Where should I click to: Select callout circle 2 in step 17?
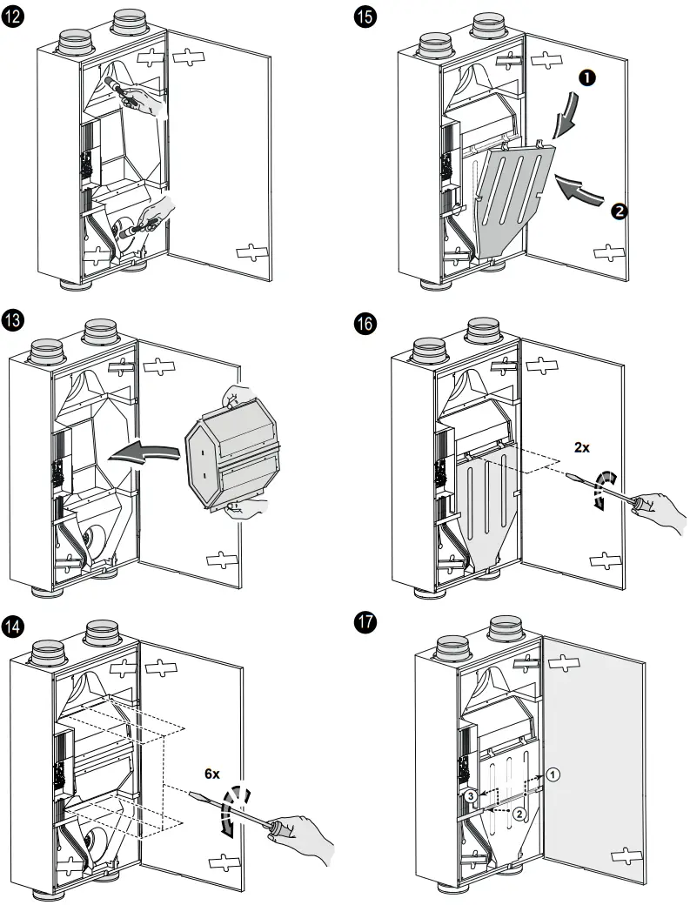[x=519, y=813]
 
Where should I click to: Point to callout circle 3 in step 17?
[x=470, y=796]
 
